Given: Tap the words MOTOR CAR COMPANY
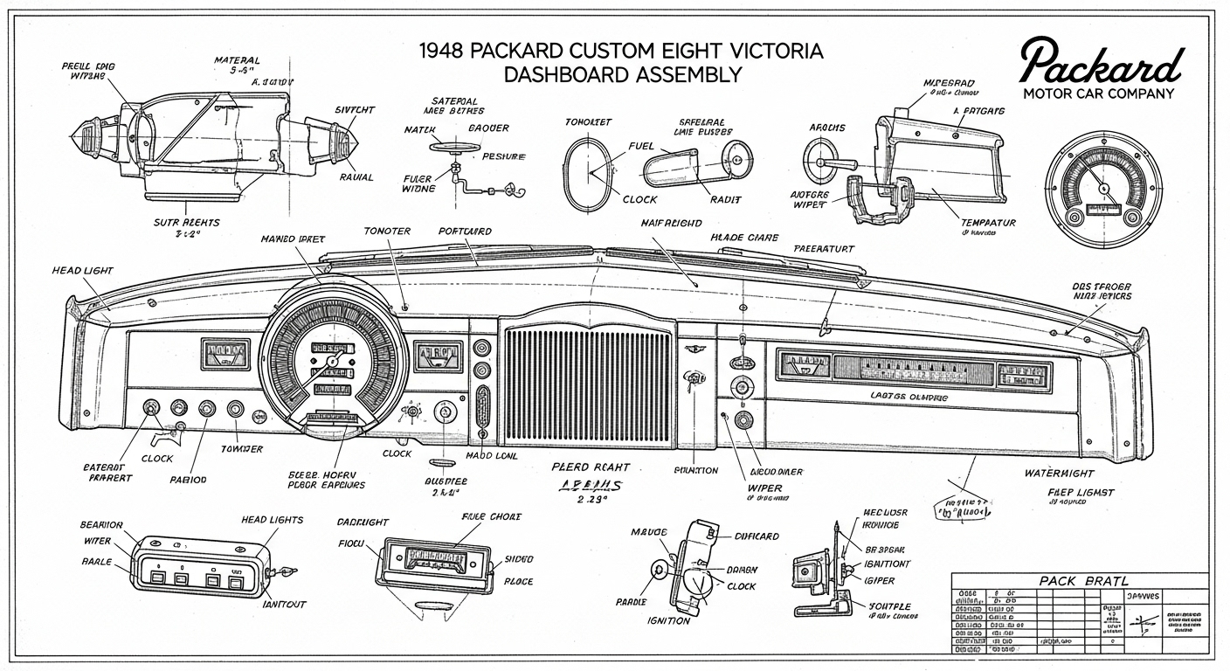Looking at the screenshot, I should point(1098,93).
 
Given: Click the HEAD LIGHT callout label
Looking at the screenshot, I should point(82,272).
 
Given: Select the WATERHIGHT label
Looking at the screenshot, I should point(1059,473).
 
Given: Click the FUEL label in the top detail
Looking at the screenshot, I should point(641,147).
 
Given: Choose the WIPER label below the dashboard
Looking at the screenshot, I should point(765,488).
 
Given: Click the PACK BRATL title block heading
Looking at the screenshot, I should point(1083,581).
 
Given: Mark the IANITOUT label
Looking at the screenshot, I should point(285,604).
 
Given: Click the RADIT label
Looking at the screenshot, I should point(726,199).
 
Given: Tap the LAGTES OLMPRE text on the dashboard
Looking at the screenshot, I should point(909,397).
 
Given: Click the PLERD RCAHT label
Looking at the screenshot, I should point(591,467).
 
